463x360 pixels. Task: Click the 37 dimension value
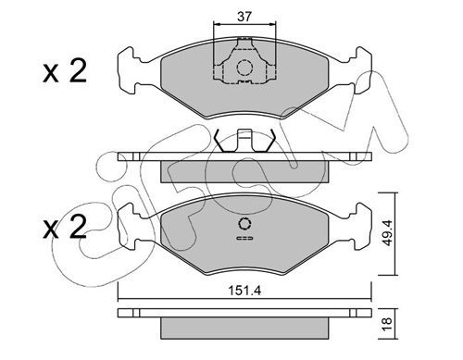[x=244, y=17]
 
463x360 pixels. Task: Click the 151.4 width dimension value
[x=244, y=291]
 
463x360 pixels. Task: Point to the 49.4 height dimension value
[x=386, y=233]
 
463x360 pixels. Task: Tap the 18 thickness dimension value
[x=387, y=324]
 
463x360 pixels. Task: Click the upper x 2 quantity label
[x=65, y=71]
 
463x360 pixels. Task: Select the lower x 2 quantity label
[x=65, y=228]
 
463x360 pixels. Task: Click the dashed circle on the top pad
[x=244, y=68]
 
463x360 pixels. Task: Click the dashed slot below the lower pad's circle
[x=244, y=238]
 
